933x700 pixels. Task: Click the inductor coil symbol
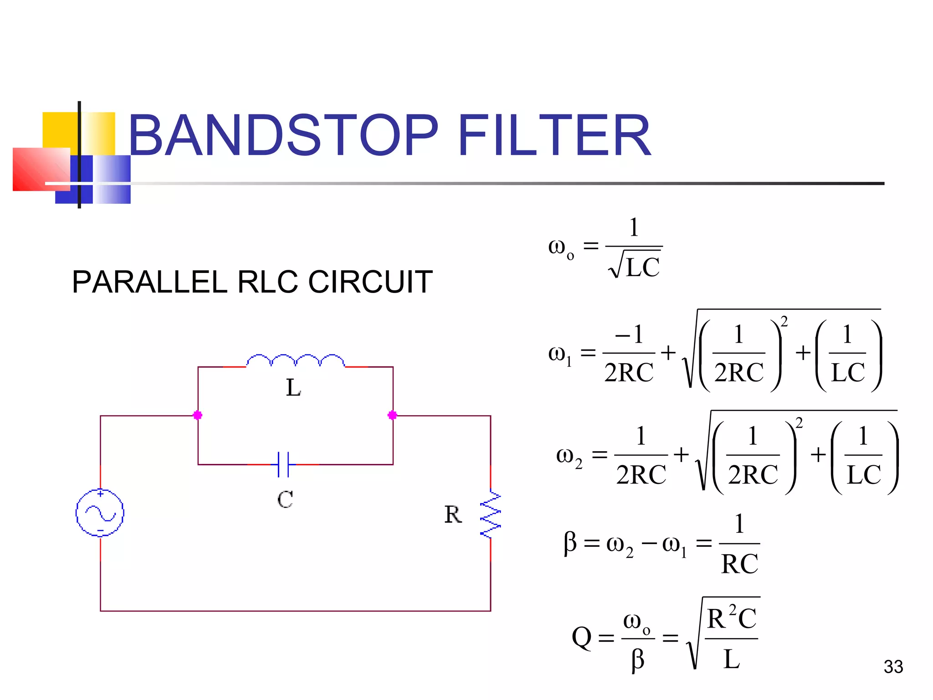coord(295,360)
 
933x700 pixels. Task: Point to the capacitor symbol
coord(283,464)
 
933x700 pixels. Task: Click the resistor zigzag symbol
coord(491,514)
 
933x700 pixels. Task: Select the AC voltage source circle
coord(100,513)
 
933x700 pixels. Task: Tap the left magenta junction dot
coord(198,415)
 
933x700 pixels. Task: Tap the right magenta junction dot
coord(392,415)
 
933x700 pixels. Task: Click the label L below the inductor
coord(293,388)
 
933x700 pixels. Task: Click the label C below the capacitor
coord(285,499)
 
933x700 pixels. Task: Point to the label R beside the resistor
coord(453,515)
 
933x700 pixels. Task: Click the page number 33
coord(893,667)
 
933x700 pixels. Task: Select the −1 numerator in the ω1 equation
coord(629,335)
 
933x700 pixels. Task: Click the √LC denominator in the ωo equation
coord(636,267)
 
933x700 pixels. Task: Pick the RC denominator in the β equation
coord(739,564)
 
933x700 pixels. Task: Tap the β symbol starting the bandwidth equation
coord(570,543)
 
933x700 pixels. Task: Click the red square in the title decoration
coord(39,170)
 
